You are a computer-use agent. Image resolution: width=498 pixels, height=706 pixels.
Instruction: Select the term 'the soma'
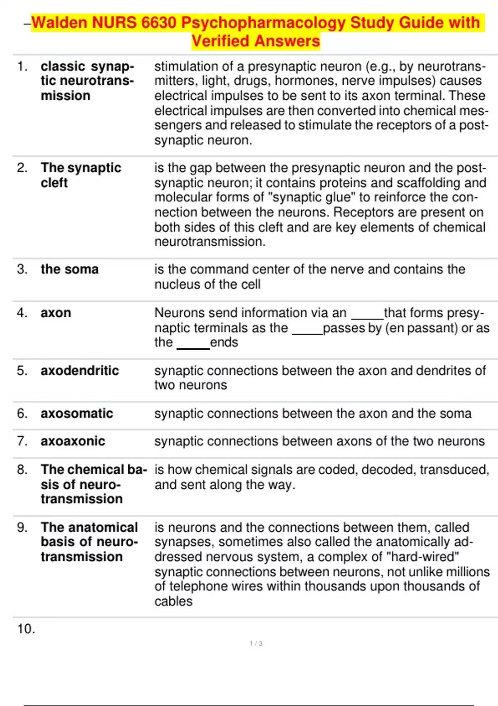[70, 269]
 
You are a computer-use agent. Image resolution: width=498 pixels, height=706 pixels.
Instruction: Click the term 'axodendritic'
[80, 370]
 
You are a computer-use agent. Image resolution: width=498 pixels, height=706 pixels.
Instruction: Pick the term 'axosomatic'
[77, 413]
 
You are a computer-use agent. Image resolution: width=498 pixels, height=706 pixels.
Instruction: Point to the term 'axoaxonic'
[73, 441]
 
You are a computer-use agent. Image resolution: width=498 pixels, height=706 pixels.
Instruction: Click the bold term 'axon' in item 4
[56, 313]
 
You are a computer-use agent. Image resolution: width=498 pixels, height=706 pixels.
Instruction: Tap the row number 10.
[26, 629]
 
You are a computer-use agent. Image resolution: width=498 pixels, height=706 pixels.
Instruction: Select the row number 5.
[22, 370]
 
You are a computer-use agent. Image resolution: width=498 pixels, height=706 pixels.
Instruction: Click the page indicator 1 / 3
[256, 643]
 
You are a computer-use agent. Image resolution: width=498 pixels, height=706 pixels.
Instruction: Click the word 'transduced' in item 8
[454, 470]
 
